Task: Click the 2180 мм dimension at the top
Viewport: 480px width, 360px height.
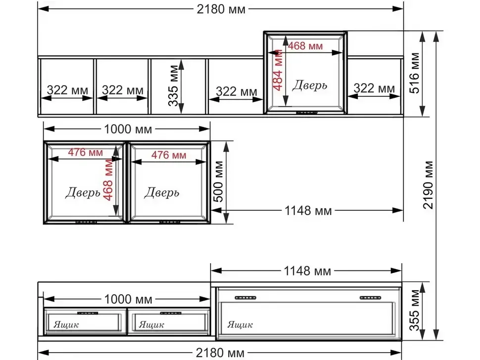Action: pyautogui.click(x=221, y=9)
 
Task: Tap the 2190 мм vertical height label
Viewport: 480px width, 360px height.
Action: pyautogui.click(x=428, y=185)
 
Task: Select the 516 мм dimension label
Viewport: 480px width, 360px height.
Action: pyautogui.click(x=414, y=73)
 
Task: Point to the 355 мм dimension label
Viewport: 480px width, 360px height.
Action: pyautogui.click(x=414, y=310)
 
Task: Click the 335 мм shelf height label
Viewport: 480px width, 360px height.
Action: pyautogui.click(x=173, y=86)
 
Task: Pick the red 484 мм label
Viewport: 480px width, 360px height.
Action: pyautogui.click(x=278, y=70)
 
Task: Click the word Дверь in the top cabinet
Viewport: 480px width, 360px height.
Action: pyautogui.click(x=309, y=86)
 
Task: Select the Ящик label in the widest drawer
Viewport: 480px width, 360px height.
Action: pyautogui.click(x=240, y=324)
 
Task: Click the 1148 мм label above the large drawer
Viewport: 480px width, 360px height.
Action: pyautogui.click(x=307, y=271)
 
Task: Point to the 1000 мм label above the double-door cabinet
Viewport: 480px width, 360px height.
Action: pyautogui.click(x=128, y=129)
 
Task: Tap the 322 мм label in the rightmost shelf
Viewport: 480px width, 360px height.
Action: pyautogui.click(x=374, y=89)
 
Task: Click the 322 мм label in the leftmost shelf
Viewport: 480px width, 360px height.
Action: pyautogui.click(x=67, y=90)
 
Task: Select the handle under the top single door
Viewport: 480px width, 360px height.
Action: pyautogui.click(x=307, y=113)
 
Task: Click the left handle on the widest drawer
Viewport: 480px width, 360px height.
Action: pyautogui.click(x=245, y=298)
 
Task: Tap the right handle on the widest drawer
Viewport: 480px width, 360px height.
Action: pyautogui.click(x=371, y=298)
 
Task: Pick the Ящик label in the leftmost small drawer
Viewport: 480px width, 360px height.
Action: pyautogui.click(x=66, y=324)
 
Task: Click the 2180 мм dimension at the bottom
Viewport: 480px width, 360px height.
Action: pyautogui.click(x=220, y=353)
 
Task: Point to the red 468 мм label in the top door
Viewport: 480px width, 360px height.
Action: pyautogui.click(x=305, y=46)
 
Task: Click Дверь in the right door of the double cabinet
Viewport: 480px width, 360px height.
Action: pyautogui.click(x=162, y=193)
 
